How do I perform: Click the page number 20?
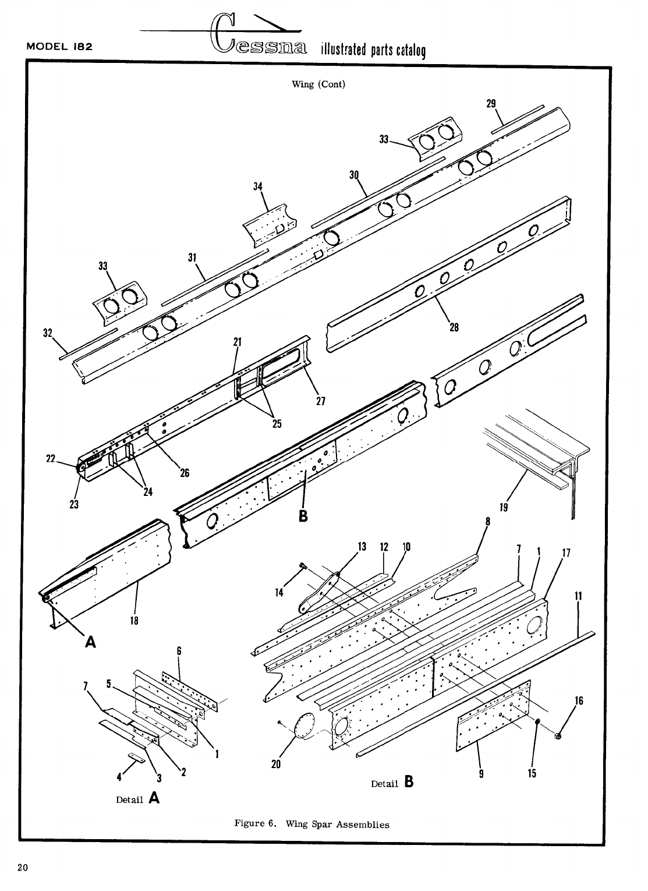click(x=24, y=868)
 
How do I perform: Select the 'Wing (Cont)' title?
click(x=318, y=84)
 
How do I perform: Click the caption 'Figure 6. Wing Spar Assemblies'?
click(x=311, y=824)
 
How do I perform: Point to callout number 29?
click(x=491, y=104)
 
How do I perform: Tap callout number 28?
click(x=454, y=327)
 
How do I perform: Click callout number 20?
click(x=276, y=764)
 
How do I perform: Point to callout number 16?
click(x=579, y=700)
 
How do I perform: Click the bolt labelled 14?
click(x=303, y=566)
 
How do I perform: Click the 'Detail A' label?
click(x=139, y=799)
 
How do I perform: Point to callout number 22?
click(x=50, y=459)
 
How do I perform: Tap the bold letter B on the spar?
click(x=303, y=516)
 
